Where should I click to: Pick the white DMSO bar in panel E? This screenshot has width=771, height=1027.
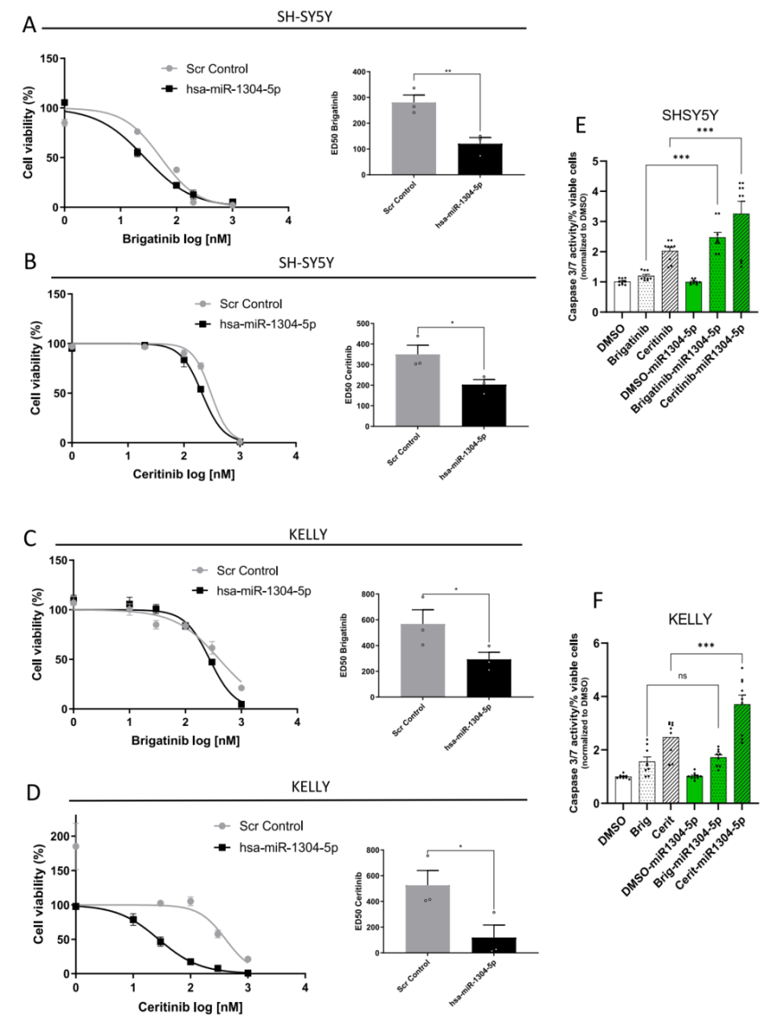tap(622, 297)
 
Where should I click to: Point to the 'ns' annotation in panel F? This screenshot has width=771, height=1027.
tap(683, 676)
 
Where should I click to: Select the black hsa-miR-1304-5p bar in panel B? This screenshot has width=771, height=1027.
tap(484, 406)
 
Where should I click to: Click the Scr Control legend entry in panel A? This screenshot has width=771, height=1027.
tap(216, 69)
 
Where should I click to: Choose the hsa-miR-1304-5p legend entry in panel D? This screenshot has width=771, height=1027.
tap(287, 848)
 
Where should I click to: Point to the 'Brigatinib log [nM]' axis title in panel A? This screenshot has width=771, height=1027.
tap(176, 239)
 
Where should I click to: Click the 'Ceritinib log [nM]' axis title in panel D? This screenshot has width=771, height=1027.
tap(190, 1007)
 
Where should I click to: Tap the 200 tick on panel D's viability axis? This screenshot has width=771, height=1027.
tap(59, 837)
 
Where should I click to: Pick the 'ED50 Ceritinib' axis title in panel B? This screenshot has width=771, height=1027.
tap(349, 376)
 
